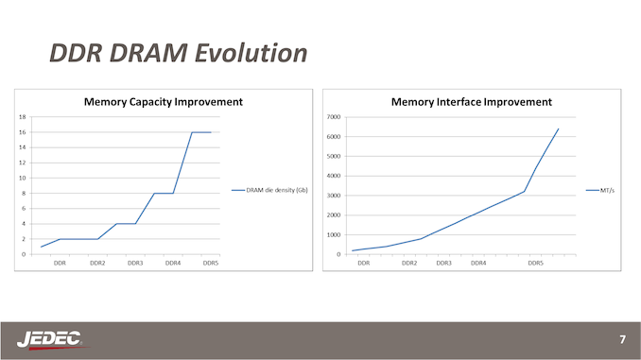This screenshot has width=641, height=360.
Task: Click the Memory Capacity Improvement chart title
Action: [x=164, y=101]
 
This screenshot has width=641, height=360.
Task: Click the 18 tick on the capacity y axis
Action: [x=22, y=117]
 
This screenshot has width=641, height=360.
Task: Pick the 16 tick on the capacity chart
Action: [x=22, y=132]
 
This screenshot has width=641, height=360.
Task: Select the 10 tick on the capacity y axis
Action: [x=22, y=178]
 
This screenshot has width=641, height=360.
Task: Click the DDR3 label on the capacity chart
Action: [x=135, y=264]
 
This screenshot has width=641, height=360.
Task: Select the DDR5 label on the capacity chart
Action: [x=211, y=264]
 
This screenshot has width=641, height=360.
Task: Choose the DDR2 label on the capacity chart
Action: [x=97, y=264]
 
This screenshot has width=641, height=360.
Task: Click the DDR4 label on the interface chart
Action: [x=478, y=264]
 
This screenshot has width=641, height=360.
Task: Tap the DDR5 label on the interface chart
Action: [x=535, y=264]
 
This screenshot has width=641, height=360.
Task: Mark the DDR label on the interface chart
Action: [x=363, y=264]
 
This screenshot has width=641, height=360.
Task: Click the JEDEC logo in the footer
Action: [x=50, y=338]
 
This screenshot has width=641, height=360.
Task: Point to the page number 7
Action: [x=621, y=338]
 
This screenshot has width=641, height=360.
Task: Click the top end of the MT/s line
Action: [x=559, y=129]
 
